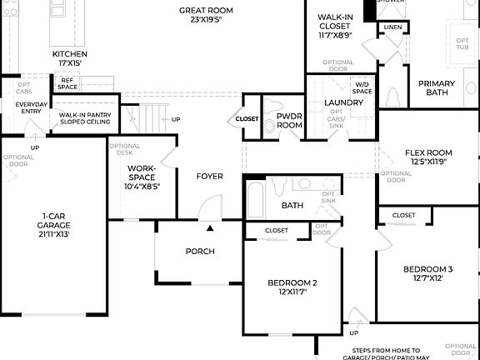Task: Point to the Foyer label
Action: click(209, 177)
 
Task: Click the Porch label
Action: click(200, 252)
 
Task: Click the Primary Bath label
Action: click(436, 87)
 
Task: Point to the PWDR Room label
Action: click(289, 120)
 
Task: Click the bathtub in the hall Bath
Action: click(256, 200)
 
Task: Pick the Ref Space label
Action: click(68, 83)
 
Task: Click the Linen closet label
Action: click(392, 27)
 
